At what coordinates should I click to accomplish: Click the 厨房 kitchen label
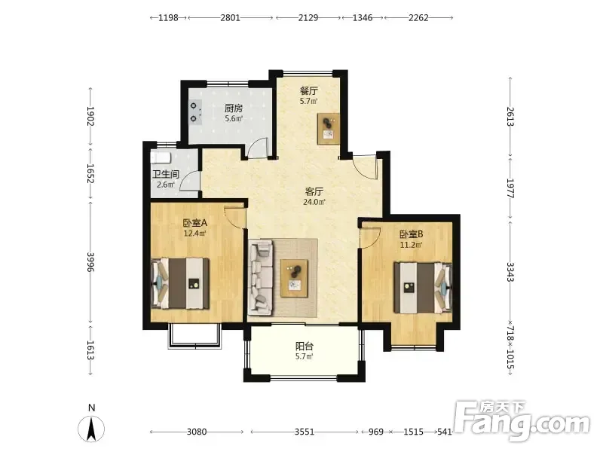(234, 108)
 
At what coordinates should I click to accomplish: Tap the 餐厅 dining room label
(309, 91)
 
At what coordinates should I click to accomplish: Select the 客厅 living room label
(314, 191)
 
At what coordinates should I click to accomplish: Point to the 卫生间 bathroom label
(166, 174)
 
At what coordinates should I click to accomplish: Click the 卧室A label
(195, 222)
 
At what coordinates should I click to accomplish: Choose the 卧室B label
(412, 234)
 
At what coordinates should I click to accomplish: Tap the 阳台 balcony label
(305, 346)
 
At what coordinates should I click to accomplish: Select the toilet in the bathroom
(161, 158)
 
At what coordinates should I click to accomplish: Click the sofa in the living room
(262, 276)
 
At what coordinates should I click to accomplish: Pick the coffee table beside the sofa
(294, 278)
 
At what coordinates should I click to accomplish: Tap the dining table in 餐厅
(329, 129)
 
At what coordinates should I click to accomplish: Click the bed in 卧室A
(180, 283)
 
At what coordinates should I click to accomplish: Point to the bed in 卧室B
(423, 288)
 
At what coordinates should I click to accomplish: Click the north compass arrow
(91, 429)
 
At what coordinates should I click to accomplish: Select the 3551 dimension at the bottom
(305, 432)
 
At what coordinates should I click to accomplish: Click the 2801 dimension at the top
(231, 17)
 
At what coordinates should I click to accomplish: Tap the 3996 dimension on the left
(90, 261)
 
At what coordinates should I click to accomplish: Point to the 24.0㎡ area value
(314, 202)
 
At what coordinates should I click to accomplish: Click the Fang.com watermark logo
(522, 421)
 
